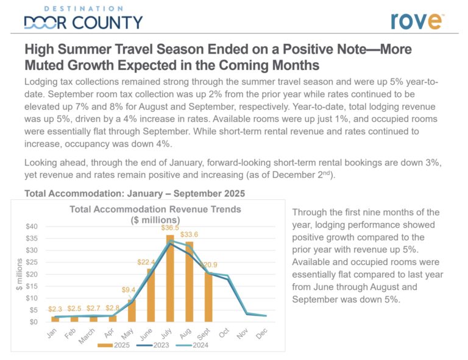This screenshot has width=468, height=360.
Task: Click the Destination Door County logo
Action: click(x=83, y=18)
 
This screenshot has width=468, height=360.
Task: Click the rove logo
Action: click(x=417, y=19)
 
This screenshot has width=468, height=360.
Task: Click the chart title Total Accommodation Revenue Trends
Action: click(x=155, y=209)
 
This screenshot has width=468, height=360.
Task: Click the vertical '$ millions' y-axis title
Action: click(x=19, y=274)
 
